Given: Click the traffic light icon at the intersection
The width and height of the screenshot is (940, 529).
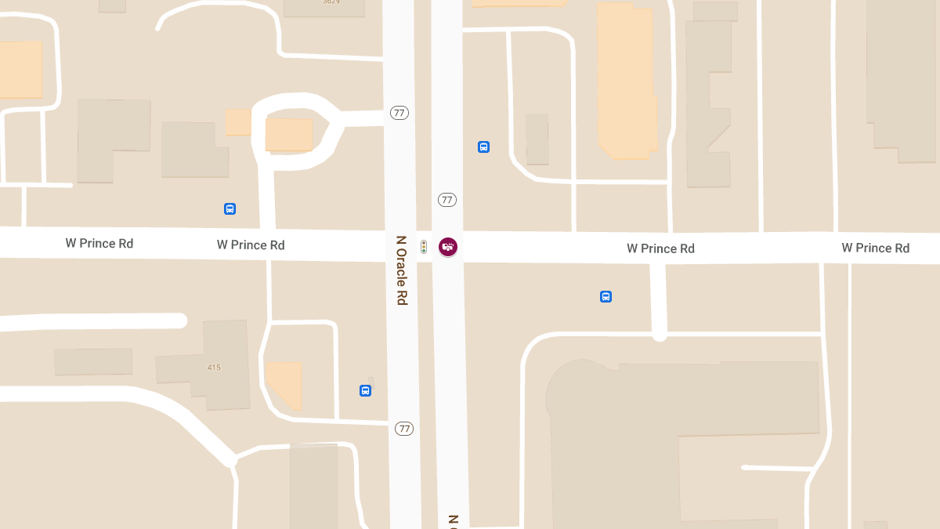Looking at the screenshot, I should click(x=424, y=247).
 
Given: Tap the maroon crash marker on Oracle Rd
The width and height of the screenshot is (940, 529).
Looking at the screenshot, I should click(x=448, y=247).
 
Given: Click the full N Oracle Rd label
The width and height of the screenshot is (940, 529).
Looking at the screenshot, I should click(x=402, y=270).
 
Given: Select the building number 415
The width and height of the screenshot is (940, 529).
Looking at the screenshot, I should click(x=214, y=367).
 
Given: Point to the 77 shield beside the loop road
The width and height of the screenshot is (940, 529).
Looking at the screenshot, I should click(x=399, y=113).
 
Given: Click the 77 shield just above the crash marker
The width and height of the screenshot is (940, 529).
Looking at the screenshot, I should click(x=447, y=200).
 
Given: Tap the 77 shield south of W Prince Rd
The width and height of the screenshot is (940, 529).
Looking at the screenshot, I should click(x=404, y=429).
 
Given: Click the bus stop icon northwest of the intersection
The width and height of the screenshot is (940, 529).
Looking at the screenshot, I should click(x=230, y=208).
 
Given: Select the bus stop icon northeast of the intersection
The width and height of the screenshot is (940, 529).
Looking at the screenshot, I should click(x=484, y=147).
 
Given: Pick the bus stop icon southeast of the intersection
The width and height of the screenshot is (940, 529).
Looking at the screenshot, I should click(x=606, y=296).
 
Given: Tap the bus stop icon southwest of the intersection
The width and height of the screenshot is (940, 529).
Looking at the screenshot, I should click(x=365, y=390).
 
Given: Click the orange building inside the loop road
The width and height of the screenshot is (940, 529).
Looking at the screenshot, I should click(x=289, y=134).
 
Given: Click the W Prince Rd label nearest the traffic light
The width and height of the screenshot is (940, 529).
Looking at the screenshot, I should click(x=251, y=245).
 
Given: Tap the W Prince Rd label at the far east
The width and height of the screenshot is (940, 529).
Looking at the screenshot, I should click(x=876, y=248).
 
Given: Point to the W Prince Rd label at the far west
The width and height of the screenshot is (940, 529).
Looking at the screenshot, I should click(x=99, y=244).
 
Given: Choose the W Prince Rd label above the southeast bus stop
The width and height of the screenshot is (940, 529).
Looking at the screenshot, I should click(x=660, y=248).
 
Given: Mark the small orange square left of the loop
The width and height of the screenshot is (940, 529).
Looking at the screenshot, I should click(x=238, y=122).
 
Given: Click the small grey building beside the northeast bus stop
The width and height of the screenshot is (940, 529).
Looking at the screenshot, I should click(x=537, y=139).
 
